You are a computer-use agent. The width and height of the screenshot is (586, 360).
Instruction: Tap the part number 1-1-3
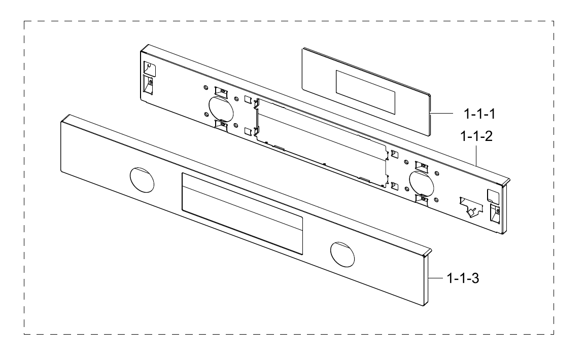coord(464,278)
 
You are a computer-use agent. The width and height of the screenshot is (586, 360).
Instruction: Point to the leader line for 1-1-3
coord(437,278)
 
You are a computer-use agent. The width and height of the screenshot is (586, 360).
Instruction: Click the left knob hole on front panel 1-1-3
coord(142,179)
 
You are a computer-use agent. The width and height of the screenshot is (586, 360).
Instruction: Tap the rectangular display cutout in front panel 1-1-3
coord(242,213)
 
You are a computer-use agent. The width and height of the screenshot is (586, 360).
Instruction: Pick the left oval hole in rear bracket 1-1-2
coord(219,107)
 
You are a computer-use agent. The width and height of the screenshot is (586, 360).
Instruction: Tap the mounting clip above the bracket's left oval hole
coord(221,91)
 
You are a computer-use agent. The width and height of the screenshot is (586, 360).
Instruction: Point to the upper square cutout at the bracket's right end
coord(492,195)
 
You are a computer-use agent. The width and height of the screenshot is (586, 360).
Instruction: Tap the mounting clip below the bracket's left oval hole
coord(221,124)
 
